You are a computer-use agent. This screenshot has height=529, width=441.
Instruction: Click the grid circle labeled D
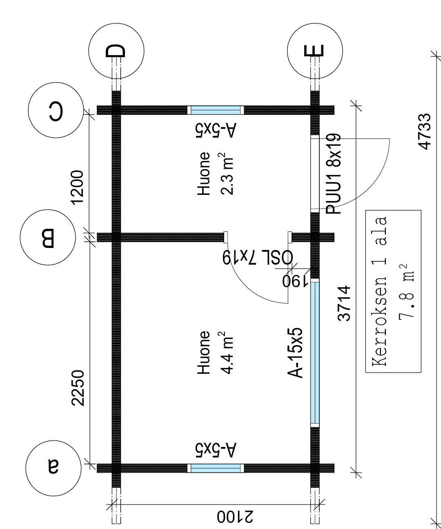point(116,51)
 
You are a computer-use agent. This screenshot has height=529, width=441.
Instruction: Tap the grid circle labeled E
point(315,51)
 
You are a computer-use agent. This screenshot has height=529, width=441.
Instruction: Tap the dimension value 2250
point(77,388)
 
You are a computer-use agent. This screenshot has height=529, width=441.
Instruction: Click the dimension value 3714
point(344,304)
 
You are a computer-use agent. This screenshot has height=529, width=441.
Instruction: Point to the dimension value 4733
point(425,132)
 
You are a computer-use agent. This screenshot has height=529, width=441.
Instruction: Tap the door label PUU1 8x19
point(334,174)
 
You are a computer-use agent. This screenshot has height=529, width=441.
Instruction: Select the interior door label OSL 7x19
point(258,257)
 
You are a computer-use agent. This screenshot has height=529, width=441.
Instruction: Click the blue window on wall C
point(216,110)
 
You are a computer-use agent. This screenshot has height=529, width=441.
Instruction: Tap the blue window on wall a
point(216,468)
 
